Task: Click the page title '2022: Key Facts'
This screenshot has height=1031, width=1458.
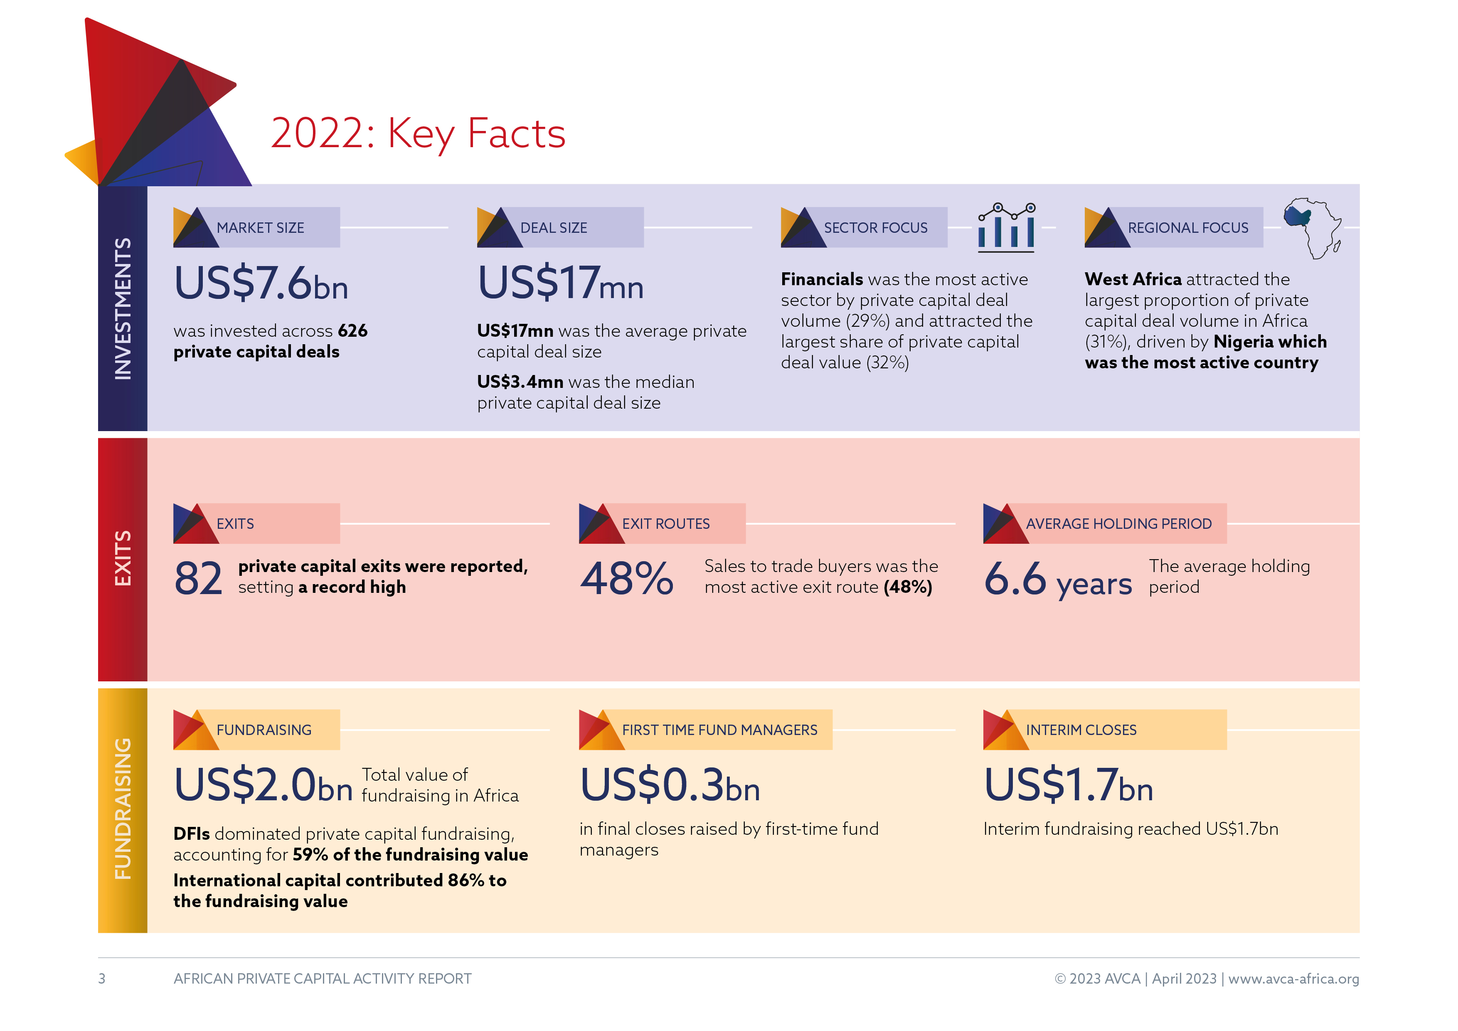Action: [418, 133]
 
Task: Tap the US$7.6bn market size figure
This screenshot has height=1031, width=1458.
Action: [261, 284]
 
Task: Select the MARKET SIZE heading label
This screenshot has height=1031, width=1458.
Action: [260, 227]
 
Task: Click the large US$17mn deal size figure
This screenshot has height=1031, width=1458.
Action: [560, 284]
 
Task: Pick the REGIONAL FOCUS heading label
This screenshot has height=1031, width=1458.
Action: [1187, 227]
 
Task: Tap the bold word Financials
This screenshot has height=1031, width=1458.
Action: [822, 279]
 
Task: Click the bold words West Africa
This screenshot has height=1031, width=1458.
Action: [1133, 279]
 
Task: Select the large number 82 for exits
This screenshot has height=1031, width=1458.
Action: [199, 579]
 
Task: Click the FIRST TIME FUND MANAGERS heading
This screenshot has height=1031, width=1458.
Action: [719, 730]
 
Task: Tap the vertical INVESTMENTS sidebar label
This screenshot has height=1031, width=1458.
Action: [123, 309]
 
